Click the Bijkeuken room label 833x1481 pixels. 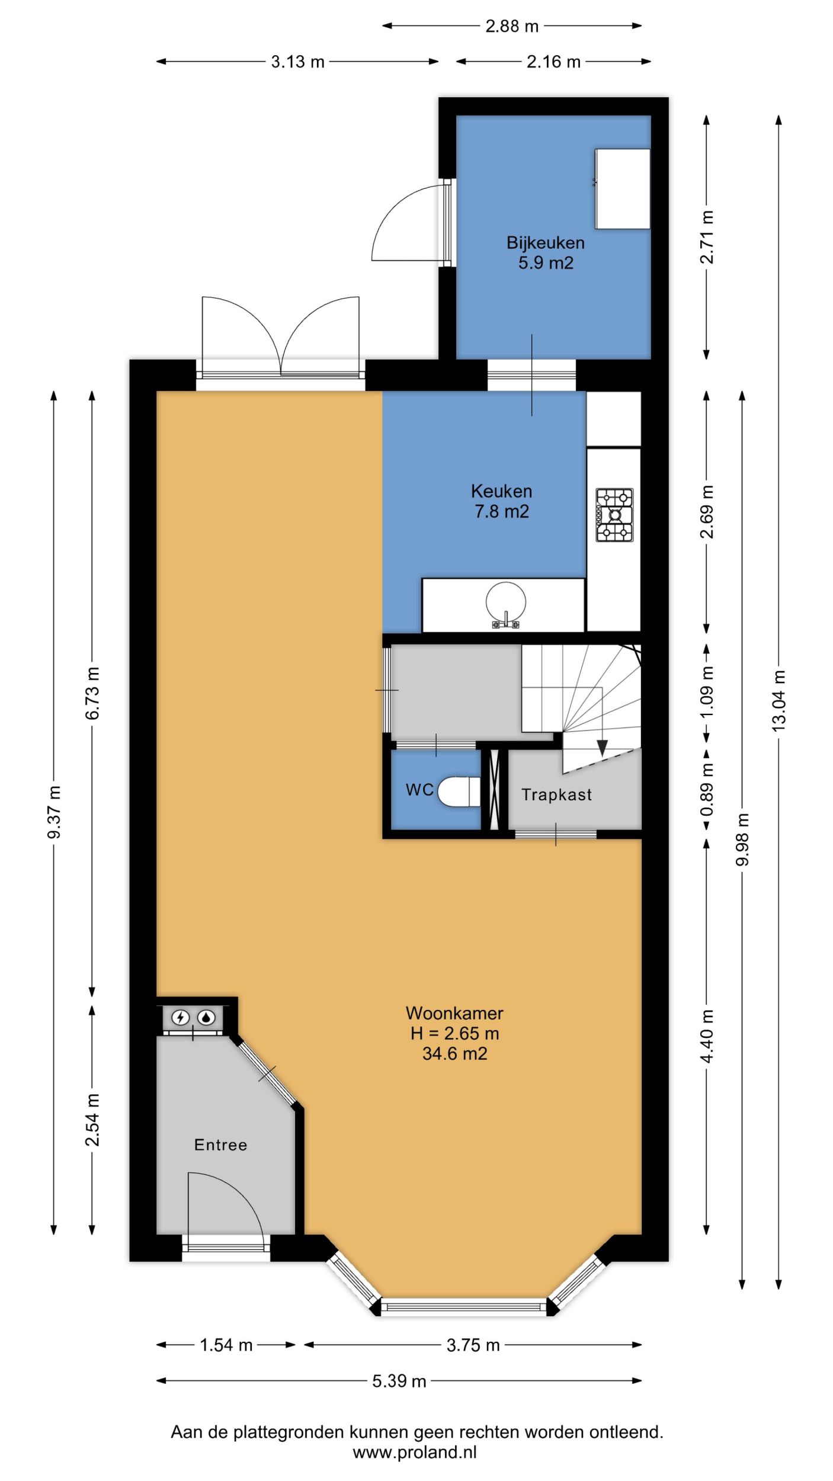pyautogui.click(x=545, y=243)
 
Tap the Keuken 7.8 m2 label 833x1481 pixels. pyautogui.click(x=501, y=501)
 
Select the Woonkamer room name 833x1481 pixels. pyautogui.click(x=454, y=1013)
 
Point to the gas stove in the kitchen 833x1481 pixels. pyautogui.click(x=614, y=515)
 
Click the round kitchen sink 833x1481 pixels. pyautogui.click(x=505, y=602)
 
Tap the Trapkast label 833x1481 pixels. pyautogui.click(x=556, y=795)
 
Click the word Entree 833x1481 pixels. pyautogui.click(x=220, y=1145)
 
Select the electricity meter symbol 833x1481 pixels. pyautogui.click(x=180, y=1018)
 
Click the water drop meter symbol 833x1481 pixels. pyautogui.click(x=206, y=1018)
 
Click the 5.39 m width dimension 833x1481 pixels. pyautogui.click(x=399, y=1381)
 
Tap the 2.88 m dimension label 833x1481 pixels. pyautogui.click(x=512, y=26)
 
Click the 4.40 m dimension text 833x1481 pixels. pyautogui.click(x=707, y=1028)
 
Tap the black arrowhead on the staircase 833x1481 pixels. pyautogui.click(x=602, y=748)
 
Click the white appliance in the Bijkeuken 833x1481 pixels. pyautogui.click(x=623, y=188)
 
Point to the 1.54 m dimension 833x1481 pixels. pyautogui.click(x=226, y=1345)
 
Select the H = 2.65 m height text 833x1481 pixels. pyautogui.click(x=454, y=1034)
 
